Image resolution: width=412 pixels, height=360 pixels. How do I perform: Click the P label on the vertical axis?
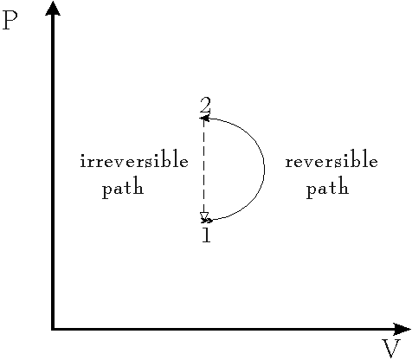[x=10, y=21]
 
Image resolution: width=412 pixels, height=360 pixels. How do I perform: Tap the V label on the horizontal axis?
[x=391, y=349]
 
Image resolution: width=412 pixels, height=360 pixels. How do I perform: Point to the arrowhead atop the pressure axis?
[x=53, y=8]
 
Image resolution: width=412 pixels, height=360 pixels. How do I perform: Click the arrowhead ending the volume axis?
[x=402, y=329]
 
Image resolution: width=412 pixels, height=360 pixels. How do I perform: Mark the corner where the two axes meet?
[x=53, y=329]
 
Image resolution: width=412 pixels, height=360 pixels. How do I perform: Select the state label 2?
[x=205, y=106]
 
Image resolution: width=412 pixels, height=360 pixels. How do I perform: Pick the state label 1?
[x=206, y=235]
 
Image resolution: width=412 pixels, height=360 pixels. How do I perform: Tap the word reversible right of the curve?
[x=332, y=158]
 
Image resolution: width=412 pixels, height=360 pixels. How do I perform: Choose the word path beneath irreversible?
[x=123, y=188]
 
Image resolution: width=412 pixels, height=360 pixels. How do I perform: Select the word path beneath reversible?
[x=327, y=188]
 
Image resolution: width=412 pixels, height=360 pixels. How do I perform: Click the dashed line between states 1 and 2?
[x=204, y=169]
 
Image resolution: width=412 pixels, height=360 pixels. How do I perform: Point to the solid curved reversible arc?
[x=265, y=169]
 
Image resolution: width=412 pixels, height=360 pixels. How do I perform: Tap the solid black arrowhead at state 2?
[x=204, y=118]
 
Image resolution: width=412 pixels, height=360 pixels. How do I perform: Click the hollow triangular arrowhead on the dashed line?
[x=204, y=216]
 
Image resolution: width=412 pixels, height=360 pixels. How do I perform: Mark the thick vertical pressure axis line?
[x=53, y=171]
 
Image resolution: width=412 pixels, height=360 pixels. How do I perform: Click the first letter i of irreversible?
[x=83, y=160]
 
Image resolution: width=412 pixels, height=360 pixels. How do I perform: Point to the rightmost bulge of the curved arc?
[x=265, y=169]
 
